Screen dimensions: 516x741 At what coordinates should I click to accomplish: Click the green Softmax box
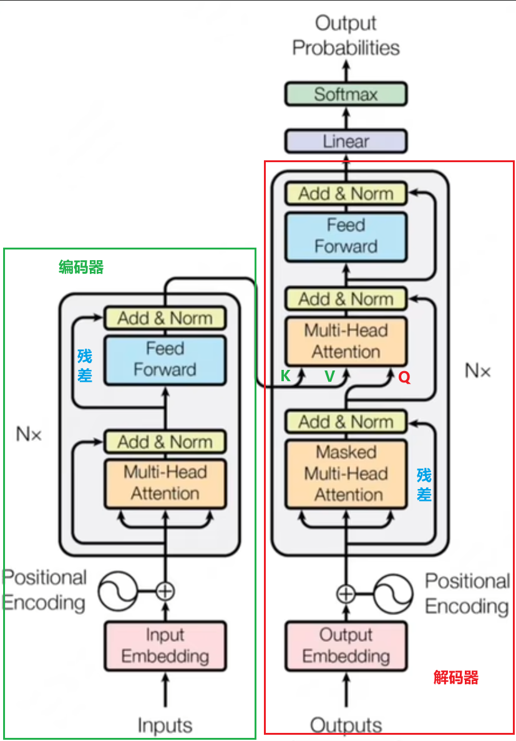tap(346, 94)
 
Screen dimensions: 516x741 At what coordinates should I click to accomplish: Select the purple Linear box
tap(346, 142)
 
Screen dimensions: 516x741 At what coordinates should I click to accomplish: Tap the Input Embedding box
tap(165, 646)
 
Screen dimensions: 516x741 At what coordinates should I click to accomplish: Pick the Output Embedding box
tap(346, 646)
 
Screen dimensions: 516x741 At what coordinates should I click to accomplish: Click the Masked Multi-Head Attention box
tap(346, 474)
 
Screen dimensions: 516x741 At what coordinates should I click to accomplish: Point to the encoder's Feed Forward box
tap(165, 360)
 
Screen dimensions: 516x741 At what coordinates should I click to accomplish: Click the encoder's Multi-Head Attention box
tap(165, 483)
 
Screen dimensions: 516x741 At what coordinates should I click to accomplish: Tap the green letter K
tap(285, 376)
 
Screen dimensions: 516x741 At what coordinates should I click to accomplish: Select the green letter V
tap(330, 376)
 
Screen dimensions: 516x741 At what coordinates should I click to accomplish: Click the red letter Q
tap(404, 377)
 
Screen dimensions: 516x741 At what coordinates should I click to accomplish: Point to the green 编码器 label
tap(81, 268)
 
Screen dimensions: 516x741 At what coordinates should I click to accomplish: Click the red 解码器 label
tap(456, 677)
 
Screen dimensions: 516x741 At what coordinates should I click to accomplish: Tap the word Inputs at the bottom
tap(165, 725)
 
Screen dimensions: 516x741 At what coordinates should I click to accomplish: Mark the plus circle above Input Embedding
tap(165, 591)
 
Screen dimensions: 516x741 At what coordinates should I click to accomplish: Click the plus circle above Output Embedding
tap(346, 594)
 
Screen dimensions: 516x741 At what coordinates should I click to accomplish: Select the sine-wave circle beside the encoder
tap(117, 591)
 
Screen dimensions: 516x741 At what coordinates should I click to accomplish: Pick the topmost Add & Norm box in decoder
tap(346, 194)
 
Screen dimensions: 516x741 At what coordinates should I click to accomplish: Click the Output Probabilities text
tap(346, 36)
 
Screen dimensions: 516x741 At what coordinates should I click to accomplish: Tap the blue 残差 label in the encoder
tap(85, 366)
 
